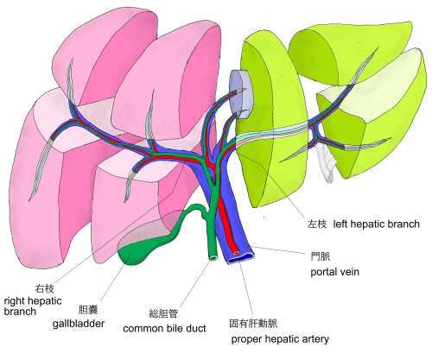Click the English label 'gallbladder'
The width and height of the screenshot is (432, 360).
click(79, 324)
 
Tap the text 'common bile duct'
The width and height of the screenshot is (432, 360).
click(164, 328)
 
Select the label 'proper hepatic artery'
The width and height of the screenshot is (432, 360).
click(280, 339)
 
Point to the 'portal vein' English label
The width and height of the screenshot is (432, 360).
click(334, 272)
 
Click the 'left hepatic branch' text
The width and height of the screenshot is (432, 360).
click(376, 224)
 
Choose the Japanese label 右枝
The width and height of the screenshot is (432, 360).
click(44, 288)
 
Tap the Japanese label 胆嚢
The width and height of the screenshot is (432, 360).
click(88, 310)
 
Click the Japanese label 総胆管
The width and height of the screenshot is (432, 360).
click(163, 313)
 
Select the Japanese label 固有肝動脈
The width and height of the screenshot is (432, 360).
click(253, 324)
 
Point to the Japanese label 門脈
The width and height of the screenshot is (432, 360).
click(321, 256)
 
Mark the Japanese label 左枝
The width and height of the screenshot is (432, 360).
click(317, 224)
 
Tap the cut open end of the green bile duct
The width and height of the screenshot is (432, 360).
click(213, 257)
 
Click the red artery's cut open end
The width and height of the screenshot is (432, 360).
click(236, 253)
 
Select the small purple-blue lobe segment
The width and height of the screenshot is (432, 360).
click(240, 94)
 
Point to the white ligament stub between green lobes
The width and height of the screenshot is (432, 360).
click(326, 162)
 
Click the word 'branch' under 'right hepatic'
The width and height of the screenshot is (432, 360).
click(20, 312)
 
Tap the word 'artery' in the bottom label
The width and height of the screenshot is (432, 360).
click(315, 339)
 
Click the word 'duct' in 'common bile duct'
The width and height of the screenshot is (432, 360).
click(196, 328)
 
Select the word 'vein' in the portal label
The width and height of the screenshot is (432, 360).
click(349, 272)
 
